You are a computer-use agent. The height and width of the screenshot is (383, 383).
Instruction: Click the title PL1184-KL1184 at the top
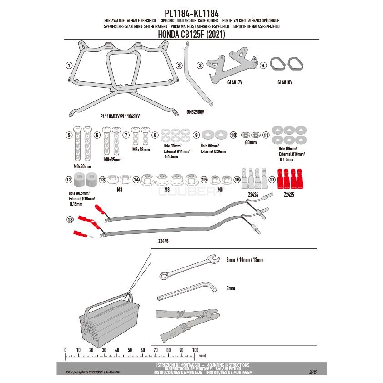click(191, 14)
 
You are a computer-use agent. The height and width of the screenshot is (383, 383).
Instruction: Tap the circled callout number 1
click(69, 65)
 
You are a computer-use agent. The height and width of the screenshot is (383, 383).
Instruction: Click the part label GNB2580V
click(195, 111)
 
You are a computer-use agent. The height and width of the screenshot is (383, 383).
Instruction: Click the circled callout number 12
click(69, 180)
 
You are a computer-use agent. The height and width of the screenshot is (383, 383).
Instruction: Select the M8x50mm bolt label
click(82, 166)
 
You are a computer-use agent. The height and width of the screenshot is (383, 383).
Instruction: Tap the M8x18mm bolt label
click(141, 149)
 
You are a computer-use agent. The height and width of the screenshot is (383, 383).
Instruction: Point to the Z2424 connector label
click(254, 194)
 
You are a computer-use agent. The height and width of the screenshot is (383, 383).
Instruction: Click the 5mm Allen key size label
click(231, 288)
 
